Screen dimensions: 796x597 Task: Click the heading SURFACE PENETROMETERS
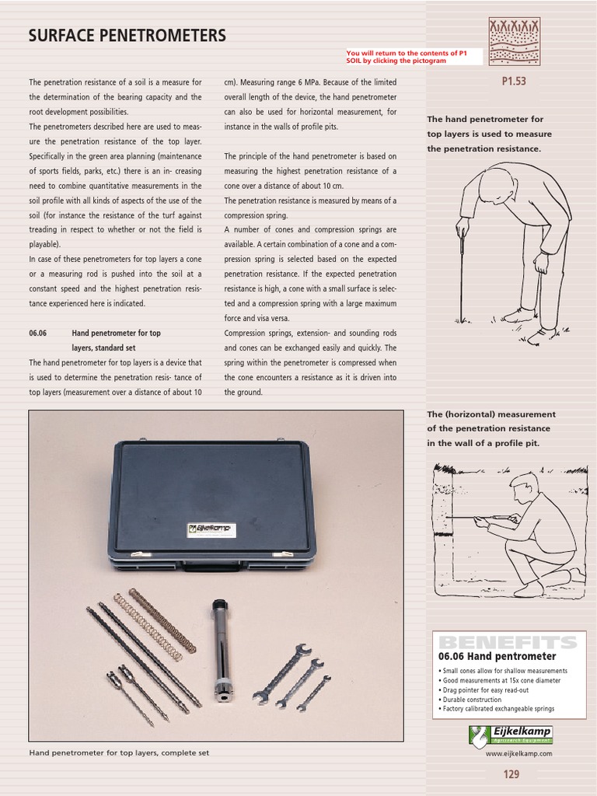tap(127, 36)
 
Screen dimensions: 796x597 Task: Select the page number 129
tap(511, 773)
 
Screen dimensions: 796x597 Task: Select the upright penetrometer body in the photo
tap(221, 648)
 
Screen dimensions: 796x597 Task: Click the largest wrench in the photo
tap(283, 669)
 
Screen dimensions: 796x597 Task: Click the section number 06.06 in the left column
tap(38, 333)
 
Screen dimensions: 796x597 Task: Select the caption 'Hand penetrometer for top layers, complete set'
tap(119, 752)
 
